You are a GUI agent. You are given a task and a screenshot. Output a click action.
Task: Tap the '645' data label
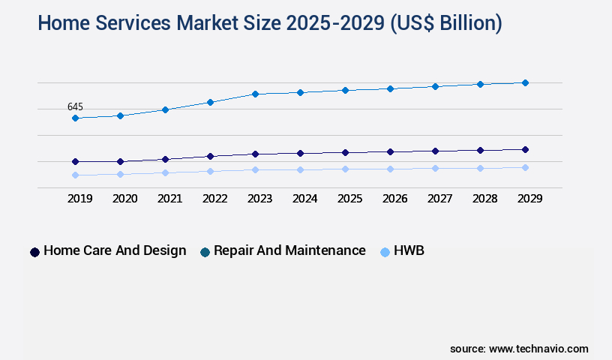[75, 107]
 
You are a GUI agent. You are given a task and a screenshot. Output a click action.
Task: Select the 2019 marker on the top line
[75, 118]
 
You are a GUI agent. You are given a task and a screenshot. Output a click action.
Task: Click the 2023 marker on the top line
[255, 94]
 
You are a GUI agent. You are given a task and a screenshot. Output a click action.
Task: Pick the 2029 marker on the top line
[525, 82]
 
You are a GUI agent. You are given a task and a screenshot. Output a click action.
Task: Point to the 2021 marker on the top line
[165, 109]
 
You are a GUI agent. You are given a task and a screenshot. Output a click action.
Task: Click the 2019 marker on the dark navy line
[75, 161]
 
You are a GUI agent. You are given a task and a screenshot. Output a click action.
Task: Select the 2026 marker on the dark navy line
[390, 151]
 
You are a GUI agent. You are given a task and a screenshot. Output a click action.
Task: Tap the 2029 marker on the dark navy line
[525, 149]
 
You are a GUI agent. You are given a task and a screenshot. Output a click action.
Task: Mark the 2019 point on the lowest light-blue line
[75, 175]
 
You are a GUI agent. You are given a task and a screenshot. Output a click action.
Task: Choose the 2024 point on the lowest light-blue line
[300, 169]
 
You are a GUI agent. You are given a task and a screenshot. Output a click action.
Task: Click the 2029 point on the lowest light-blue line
[525, 167]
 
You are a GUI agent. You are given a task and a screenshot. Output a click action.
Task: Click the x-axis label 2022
[214, 199]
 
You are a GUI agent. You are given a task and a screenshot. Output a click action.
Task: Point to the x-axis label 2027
[439, 199]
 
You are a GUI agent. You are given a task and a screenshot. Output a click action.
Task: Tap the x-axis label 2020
[124, 199]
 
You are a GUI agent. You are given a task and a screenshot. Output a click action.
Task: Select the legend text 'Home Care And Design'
[115, 250]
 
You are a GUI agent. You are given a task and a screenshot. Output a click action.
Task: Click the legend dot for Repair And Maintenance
[205, 252]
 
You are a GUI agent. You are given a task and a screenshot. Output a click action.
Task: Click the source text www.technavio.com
[538, 349]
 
